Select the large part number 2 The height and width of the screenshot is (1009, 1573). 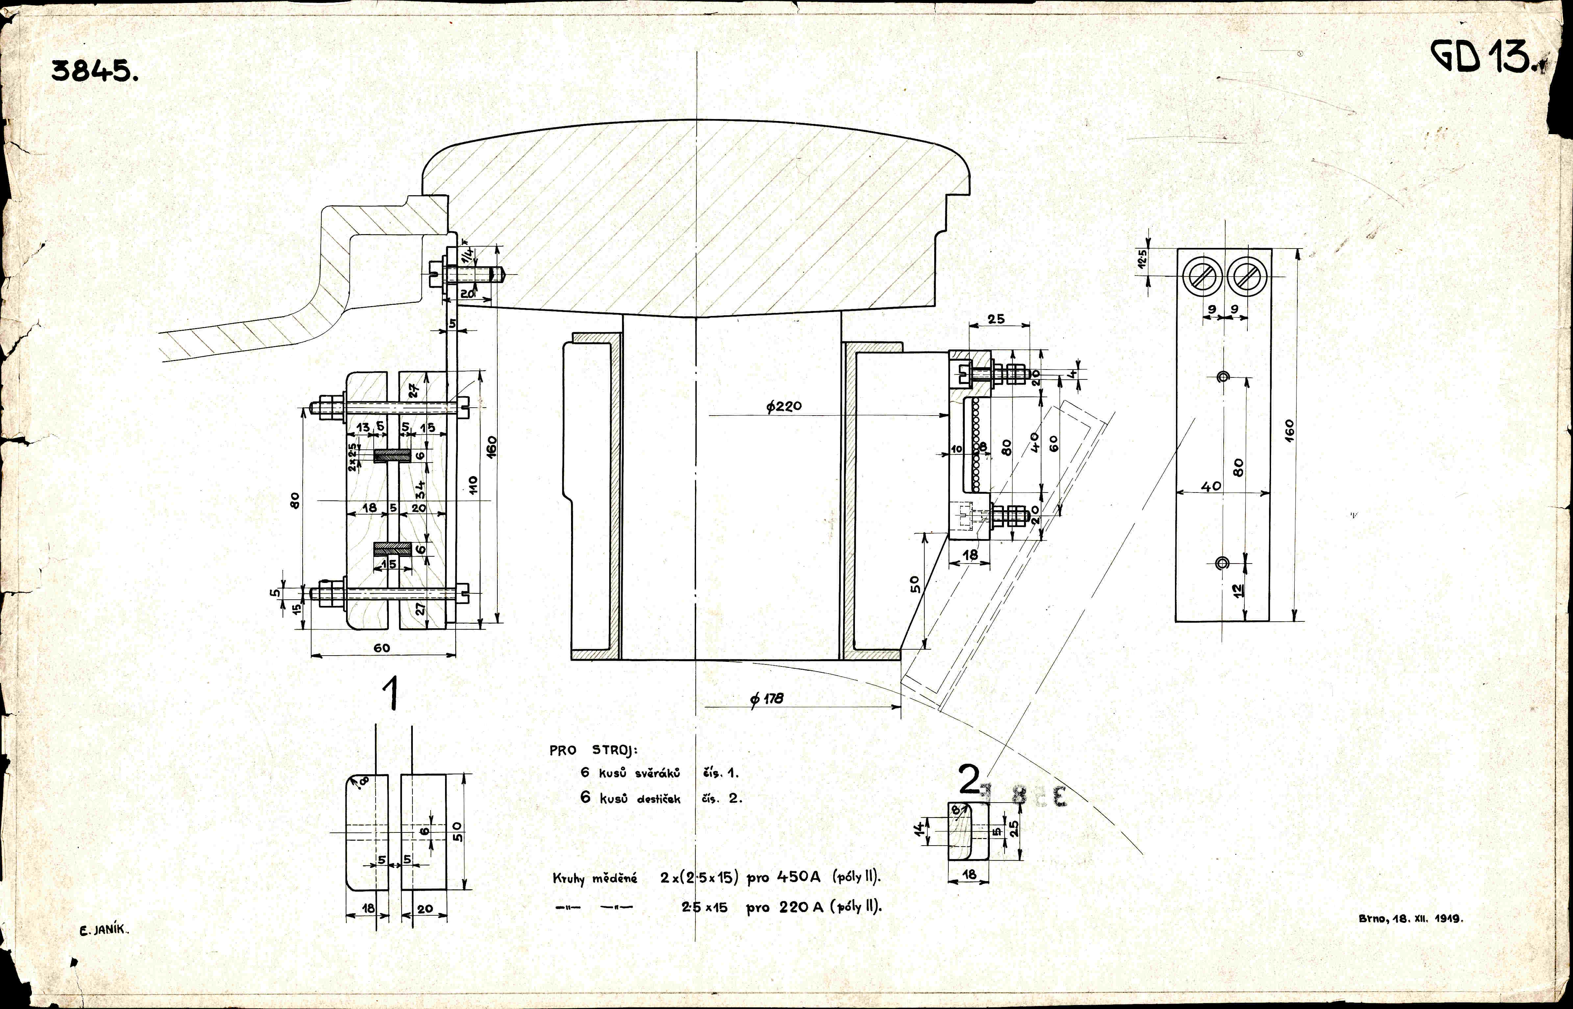pos(968,780)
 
